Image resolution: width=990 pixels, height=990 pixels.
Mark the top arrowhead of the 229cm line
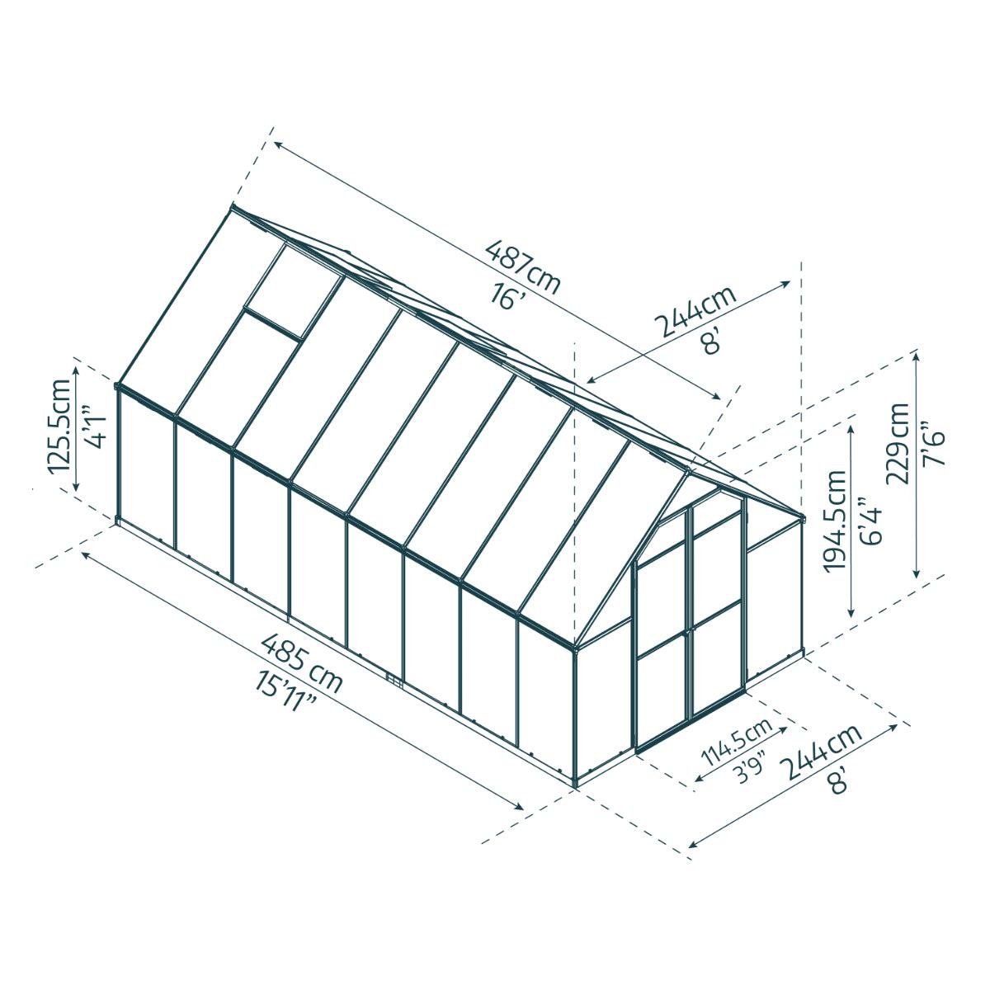pyautogui.click(x=916, y=354)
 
